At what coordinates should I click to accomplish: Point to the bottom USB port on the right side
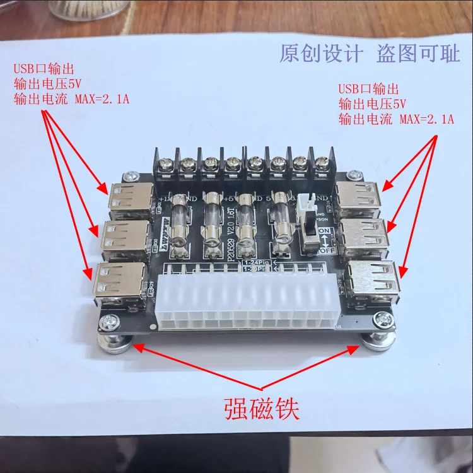(373, 277)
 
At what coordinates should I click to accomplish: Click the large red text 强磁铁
(260, 408)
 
